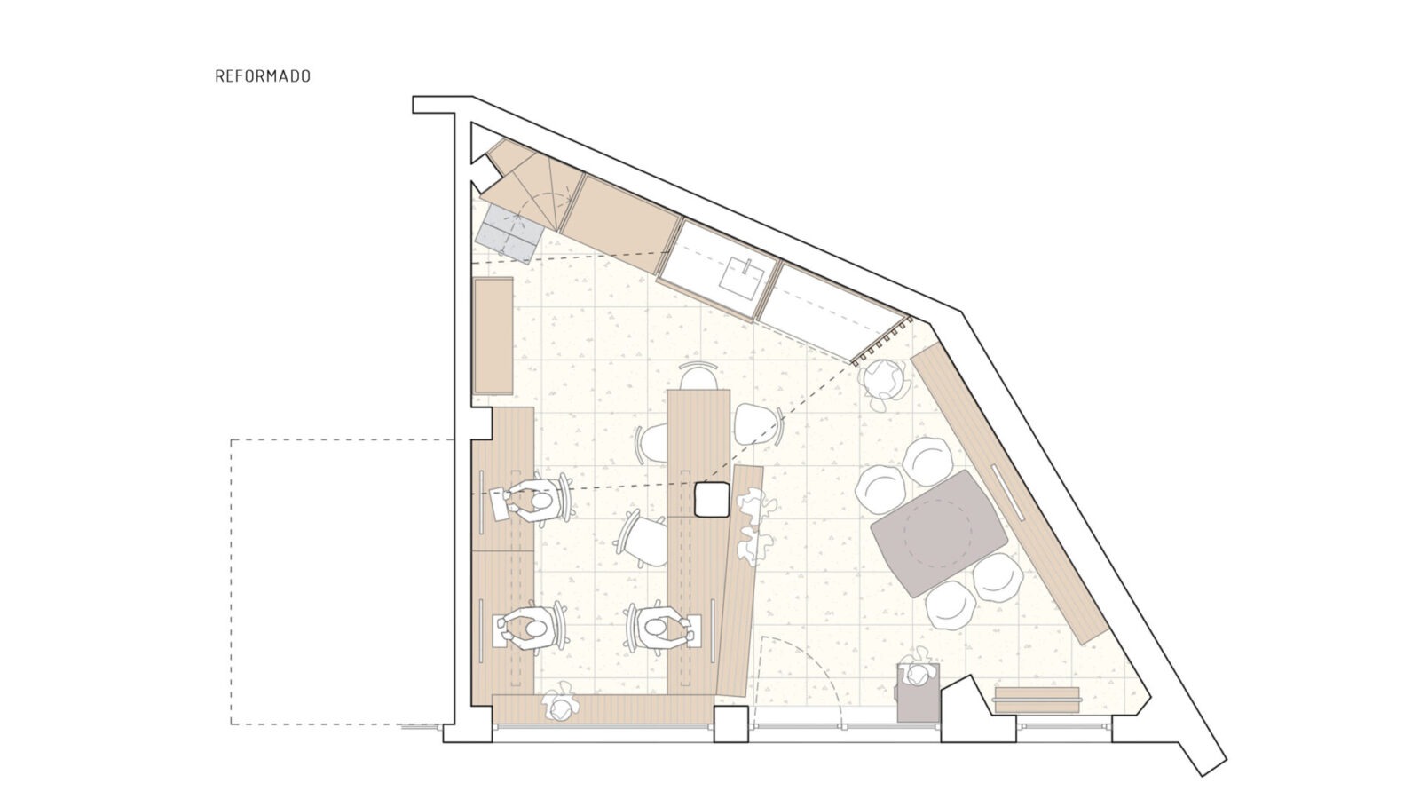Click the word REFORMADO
click(x=263, y=76)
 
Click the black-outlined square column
click(x=712, y=499)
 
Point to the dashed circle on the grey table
click(x=937, y=533)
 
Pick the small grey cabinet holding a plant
click(x=918, y=692)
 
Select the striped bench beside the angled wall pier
click(x=1037, y=700)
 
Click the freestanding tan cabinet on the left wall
click(x=493, y=336)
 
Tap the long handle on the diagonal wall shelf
click(x=1007, y=493)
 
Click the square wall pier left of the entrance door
click(x=731, y=724)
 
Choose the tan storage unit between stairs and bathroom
click(x=619, y=224)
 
